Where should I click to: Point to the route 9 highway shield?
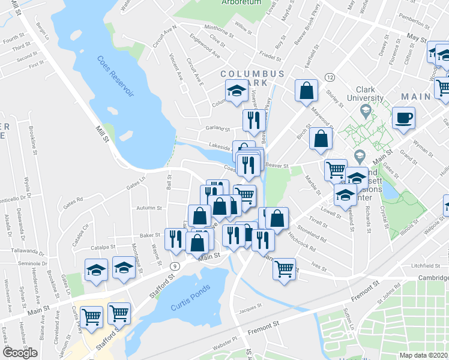(x=174, y=265)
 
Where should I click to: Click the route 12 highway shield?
(x=330, y=77)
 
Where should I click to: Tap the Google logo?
(x=20, y=353)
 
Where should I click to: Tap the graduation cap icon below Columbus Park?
(x=237, y=91)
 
